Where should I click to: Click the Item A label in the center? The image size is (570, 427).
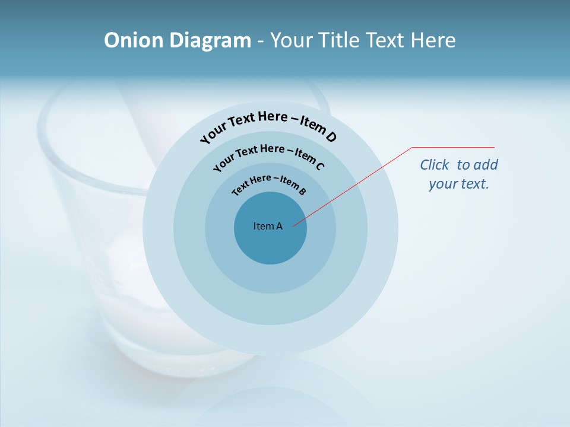point(268,226)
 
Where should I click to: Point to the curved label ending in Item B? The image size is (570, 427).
point(269,183)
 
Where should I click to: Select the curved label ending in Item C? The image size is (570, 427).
point(269,156)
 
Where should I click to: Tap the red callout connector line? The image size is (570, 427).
point(356,184)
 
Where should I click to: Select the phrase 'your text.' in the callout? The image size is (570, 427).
point(459,184)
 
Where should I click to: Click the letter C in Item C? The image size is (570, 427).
point(319,166)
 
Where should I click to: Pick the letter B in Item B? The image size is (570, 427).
point(303,191)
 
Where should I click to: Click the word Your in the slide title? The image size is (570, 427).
point(293,40)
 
